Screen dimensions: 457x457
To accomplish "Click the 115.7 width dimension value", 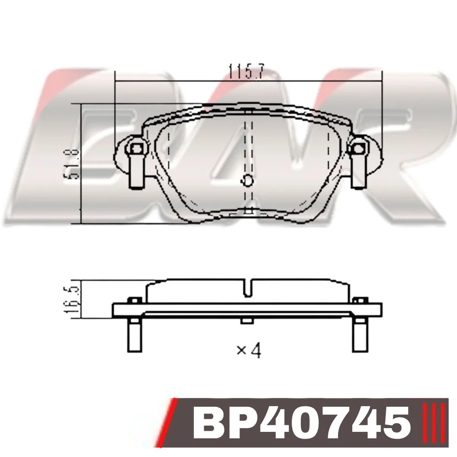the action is coord(246,71).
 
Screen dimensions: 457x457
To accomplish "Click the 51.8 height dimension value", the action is coord(71,164).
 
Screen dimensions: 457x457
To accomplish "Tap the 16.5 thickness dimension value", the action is coord(71,299).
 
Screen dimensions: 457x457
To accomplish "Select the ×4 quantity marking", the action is coord(249,350).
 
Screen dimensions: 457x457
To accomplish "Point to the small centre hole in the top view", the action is coord(248,181).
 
